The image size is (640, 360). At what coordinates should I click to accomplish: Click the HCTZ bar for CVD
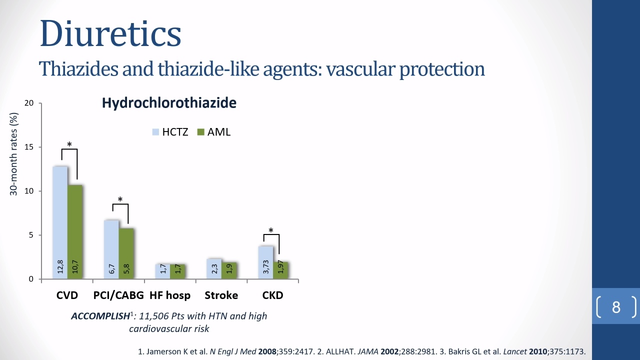coord(60,222)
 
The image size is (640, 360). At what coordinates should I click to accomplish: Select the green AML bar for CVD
coord(75,231)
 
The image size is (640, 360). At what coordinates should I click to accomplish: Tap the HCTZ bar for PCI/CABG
coord(111,249)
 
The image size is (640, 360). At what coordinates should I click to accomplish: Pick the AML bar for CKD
coord(280,270)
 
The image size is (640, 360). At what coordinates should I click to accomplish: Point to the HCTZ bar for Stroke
coord(214,269)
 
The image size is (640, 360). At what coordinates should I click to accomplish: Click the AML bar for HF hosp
coord(177,271)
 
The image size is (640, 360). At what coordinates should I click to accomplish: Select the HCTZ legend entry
coord(170,132)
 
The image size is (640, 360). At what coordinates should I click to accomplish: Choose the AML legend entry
coord(214,132)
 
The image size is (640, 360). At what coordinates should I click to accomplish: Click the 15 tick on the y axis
coord(29,147)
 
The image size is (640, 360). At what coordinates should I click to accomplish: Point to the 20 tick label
coord(29,103)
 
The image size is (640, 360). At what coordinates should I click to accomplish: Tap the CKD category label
coord(272,295)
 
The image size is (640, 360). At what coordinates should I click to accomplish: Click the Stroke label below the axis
coord(221,295)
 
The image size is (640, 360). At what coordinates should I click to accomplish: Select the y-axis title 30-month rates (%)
coord(13,154)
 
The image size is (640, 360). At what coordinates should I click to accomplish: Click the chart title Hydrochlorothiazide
coord(169,103)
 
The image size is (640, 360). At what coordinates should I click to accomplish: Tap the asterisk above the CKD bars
coord(271,230)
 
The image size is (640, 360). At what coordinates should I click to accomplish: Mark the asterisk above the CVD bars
coord(69,144)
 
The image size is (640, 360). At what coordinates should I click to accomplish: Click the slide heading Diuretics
coord(110,33)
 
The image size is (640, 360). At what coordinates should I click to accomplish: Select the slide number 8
coord(616,307)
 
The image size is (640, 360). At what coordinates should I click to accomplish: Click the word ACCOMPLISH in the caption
coord(100,316)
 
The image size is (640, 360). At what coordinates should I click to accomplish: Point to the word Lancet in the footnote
coord(515,351)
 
